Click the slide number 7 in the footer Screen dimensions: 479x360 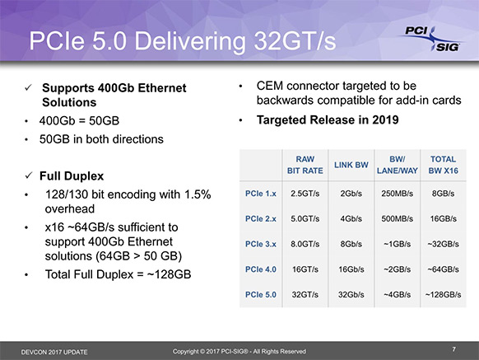click(454, 349)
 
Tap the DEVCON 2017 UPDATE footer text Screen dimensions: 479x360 click(54, 352)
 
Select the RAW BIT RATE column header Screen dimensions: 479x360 click(305, 165)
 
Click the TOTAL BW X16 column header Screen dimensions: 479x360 click(444, 165)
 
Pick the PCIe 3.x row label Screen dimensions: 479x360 click(261, 244)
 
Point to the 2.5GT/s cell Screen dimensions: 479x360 click(305, 194)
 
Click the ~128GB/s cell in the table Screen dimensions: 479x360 click(444, 295)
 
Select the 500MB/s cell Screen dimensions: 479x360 click(398, 218)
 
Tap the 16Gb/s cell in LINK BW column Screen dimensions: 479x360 click(351, 269)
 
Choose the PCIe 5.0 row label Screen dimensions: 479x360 click(261, 295)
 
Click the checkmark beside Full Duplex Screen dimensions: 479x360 click(29, 175)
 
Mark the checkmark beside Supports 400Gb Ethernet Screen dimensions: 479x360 click(29, 87)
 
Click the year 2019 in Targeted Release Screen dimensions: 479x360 click(385, 120)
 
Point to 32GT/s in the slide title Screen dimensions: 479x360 click(295, 40)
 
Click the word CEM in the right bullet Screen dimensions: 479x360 click(270, 86)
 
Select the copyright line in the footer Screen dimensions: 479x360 click(239, 352)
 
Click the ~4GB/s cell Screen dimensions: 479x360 click(398, 295)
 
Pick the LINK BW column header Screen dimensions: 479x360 click(351, 165)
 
